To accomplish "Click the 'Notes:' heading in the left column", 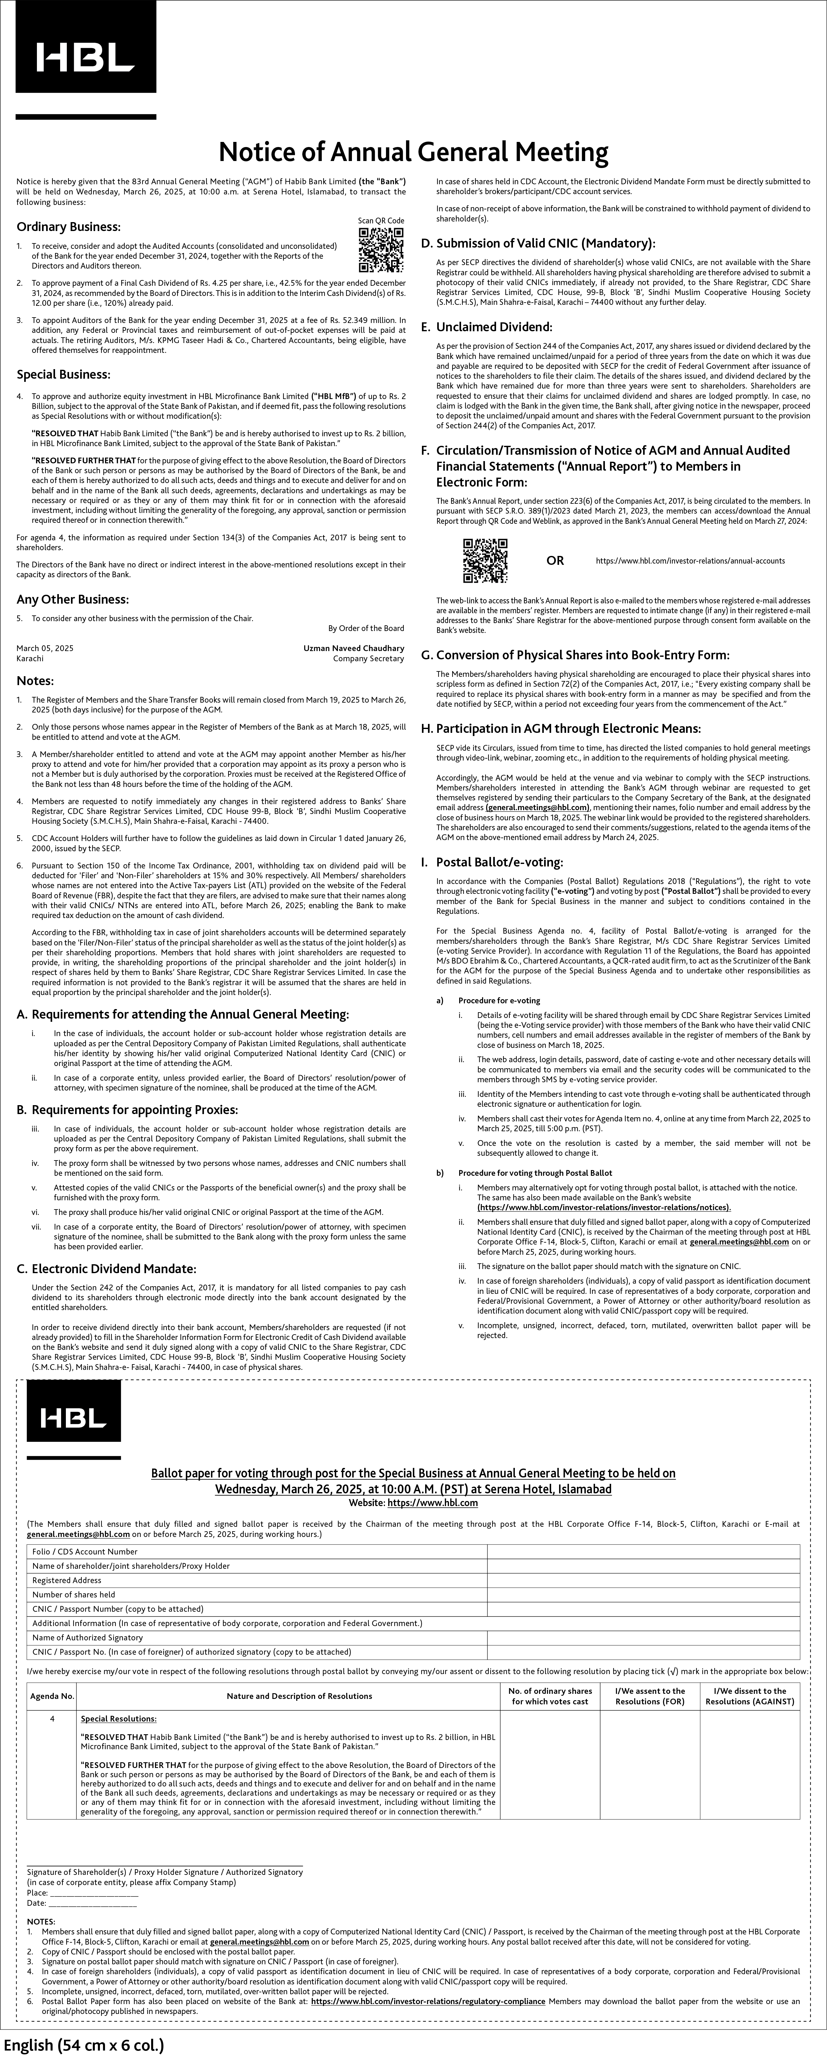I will (35, 681).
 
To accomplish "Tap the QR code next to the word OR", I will (485, 560).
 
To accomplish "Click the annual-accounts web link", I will (690, 561).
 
